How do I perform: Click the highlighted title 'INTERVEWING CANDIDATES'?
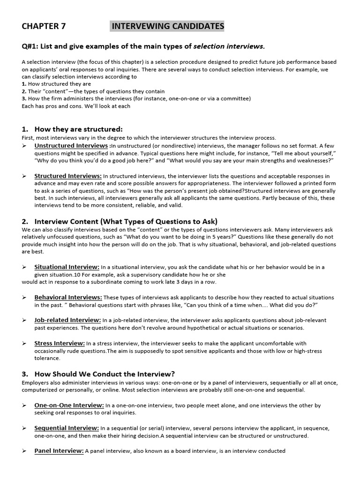(x=167, y=26)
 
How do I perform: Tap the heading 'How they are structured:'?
(x=78, y=129)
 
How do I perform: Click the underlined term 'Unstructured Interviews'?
(x=71, y=146)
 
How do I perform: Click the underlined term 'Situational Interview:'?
(x=67, y=267)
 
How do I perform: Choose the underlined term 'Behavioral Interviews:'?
(x=68, y=297)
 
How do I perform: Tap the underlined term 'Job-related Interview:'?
(x=67, y=320)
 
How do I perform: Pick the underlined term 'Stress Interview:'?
(x=60, y=343)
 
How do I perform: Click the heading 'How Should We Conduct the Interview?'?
(x=105, y=374)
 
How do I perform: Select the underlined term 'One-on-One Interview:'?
(x=69, y=405)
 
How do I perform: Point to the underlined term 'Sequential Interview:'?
(x=67, y=428)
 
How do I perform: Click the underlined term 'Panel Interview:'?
(x=59, y=451)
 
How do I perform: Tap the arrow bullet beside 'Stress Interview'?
(x=24, y=344)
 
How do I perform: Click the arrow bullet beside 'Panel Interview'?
(x=24, y=451)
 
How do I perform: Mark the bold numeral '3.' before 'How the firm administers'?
(x=24, y=98)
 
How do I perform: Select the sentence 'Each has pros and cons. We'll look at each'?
(x=76, y=106)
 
